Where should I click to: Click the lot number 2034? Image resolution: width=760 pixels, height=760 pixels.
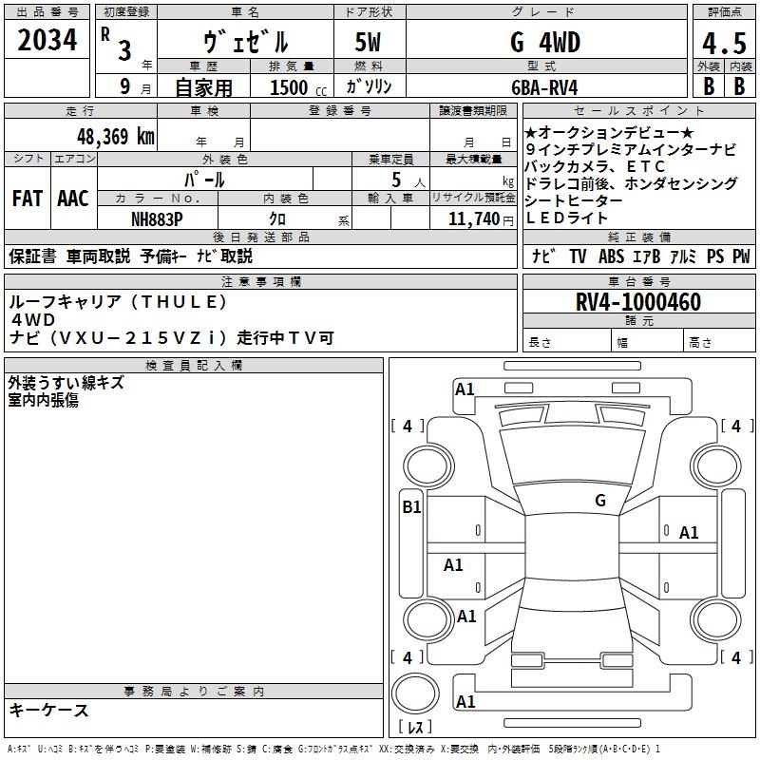point(47,39)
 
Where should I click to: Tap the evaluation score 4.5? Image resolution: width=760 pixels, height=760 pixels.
point(722,45)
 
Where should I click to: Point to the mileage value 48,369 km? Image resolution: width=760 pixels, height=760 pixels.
point(110,137)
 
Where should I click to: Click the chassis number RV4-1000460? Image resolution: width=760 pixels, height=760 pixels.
point(638,303)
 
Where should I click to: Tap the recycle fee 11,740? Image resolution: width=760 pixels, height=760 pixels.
point(468,218)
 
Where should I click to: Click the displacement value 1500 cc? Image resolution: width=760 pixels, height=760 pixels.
point(291,87)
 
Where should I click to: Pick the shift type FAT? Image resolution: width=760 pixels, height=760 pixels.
point(28,199)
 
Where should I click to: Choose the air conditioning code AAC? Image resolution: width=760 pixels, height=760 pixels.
point(73,199)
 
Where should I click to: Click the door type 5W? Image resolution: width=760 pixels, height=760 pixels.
point(370,44)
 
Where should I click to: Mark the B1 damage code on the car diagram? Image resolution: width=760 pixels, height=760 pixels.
point(411,507)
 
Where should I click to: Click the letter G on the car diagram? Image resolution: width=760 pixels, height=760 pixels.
point(600,500)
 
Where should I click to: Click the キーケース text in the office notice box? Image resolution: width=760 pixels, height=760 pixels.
point(49,710)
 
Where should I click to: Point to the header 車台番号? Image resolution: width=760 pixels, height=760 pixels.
point(638,282)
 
